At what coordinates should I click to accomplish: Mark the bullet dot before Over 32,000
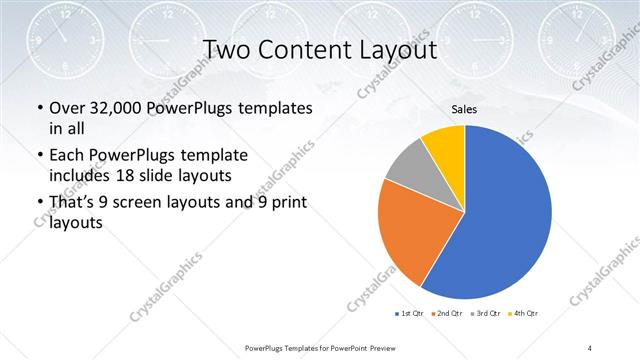click(39, 107)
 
